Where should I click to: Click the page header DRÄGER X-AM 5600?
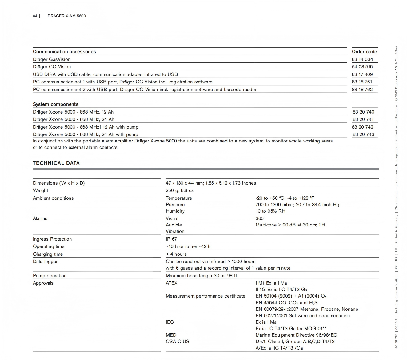[x=67, y=16]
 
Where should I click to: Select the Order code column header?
[x=364, y=52]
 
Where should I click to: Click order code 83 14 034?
[x=362, y=59]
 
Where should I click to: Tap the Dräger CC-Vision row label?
[x=52, y=67]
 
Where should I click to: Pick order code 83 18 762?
[x=362, y=90]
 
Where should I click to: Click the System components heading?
[x=55, y=104]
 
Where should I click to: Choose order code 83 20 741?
[x=363, y=119]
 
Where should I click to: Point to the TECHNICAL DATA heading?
[x=56, y=163]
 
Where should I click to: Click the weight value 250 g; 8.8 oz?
[x=180, y=190]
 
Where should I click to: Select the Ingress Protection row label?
[x=52, y=239]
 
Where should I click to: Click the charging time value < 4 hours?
[x=176, y=254]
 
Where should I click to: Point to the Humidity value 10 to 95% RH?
[x=270, y=211]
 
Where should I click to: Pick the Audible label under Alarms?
[x=174, y=225]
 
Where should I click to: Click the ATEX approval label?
[x=171, y=283]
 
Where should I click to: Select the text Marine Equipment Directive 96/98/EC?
[x=296, y=335]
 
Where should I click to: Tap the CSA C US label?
[x=177, y=342]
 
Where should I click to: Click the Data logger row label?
[x=45, y=262]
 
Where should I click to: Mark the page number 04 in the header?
[x=35, y=16]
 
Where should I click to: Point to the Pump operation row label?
[x=50, y=276]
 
